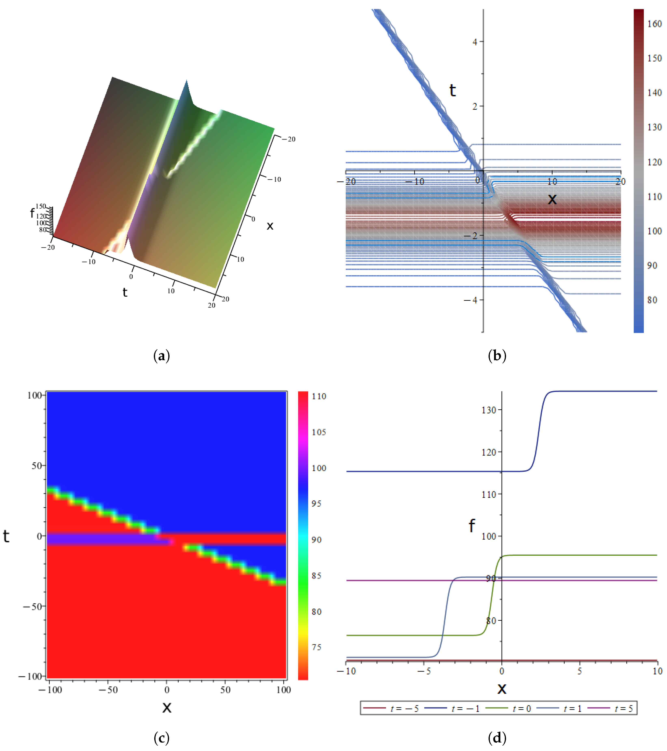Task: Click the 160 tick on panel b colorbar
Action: point(654,24)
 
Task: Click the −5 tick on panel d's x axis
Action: point(423,671)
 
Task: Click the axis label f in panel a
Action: point(32,213)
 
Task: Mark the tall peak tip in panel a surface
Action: point(187,80)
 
